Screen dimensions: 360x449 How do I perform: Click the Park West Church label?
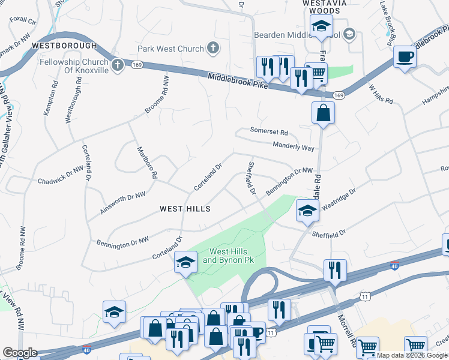tap(171, 48)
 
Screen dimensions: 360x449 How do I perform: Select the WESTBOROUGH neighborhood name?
tap(64, 46)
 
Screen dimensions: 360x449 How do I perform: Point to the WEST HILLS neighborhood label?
tap(185, 209)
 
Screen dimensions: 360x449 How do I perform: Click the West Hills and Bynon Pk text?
tap(227, 256)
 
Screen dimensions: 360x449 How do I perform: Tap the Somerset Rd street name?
tap(270, 132)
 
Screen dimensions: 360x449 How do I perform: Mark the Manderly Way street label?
tap(294, 147)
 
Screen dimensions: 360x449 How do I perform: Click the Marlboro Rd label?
tap(147, 163)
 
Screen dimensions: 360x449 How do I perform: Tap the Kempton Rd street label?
tap(48, 105)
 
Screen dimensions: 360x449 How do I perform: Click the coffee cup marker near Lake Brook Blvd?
tap(405, 57)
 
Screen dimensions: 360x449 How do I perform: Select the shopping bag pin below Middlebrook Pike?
tap(323, 112)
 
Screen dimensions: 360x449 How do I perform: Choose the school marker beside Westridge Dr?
tap(307, 211)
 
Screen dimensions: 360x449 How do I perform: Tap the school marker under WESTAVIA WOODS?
tap(321, 26)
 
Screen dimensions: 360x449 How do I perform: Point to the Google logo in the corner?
tap(20, 353)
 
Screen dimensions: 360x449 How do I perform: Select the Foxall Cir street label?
tap(23, 20)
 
